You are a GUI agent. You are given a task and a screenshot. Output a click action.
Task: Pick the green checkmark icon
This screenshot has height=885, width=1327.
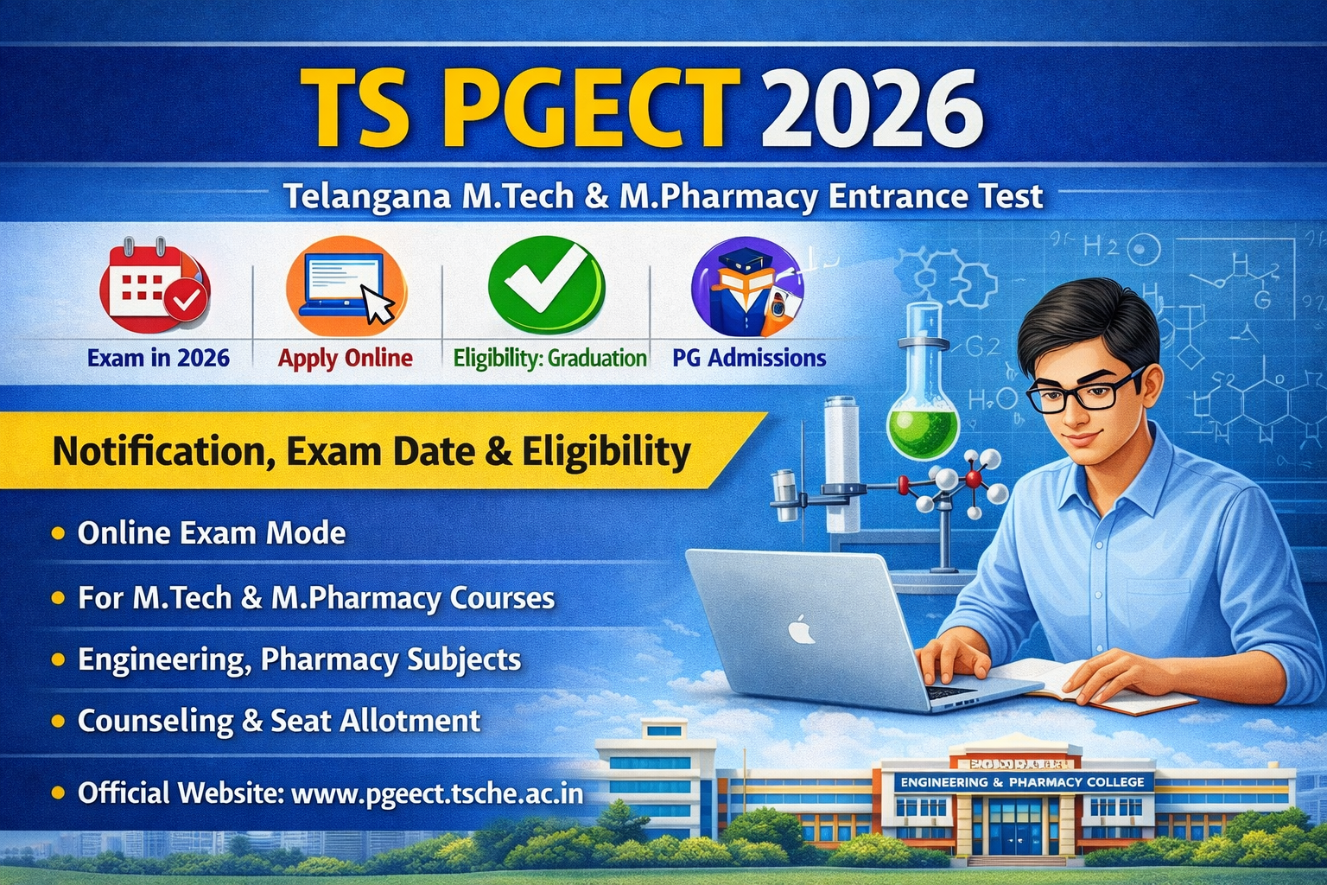coord(546,285)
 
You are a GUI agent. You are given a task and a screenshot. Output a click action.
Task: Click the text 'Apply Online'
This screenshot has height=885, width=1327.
coord(346,358)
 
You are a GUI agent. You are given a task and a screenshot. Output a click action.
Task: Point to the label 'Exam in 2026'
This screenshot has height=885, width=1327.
coord(159,358)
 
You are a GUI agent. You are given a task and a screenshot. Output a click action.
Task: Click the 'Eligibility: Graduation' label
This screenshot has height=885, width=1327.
coord(549,358)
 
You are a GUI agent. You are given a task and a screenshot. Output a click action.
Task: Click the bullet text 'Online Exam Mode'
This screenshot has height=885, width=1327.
coord(212,533)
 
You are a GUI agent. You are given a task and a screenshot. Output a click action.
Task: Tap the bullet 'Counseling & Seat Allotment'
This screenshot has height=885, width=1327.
coord(278,721)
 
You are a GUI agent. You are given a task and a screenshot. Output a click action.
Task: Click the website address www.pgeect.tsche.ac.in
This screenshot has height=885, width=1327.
coord(437,793)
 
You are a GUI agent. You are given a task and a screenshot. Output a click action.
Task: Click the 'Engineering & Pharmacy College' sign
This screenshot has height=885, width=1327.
coord(1022,782)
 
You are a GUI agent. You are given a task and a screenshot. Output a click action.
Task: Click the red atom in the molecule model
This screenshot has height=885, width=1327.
coord(975,478)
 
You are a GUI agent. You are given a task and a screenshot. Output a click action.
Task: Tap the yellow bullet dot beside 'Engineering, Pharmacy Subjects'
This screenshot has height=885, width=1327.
coord(58,659)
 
